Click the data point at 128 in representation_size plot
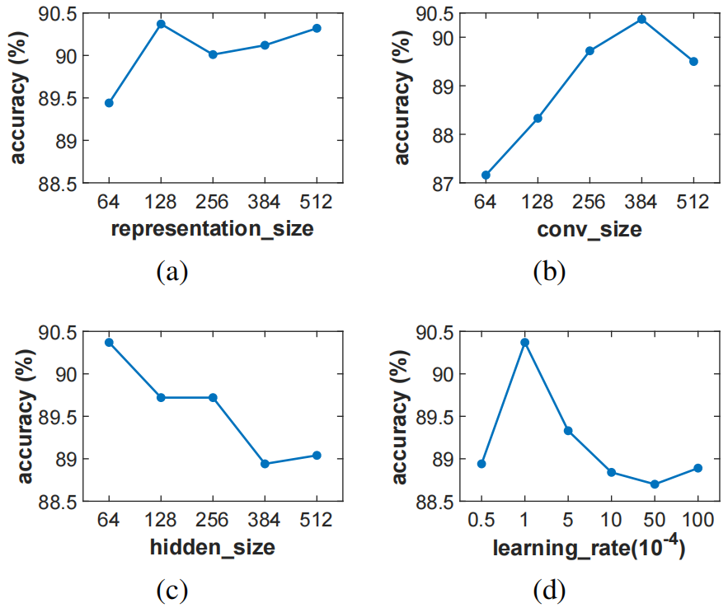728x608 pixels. tap(161, 24)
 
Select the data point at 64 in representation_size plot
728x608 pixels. tap(109, 103)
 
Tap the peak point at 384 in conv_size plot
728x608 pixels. tap(641, 19)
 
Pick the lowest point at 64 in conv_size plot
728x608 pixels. tap(486, 175)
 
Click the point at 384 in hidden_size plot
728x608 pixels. tap(265, 464)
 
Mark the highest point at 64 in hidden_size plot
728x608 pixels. tap(109, 342)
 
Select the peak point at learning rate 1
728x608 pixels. tap(524, 342)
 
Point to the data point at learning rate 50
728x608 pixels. tap(655, 484)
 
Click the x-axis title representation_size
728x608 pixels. tap(212, 229)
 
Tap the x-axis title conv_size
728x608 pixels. tap(589, 230)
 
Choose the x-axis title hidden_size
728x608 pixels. tap(212, 546)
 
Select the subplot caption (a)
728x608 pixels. tap(172, 271)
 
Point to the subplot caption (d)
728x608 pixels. tap(549, 589)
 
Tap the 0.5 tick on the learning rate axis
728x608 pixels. tap(481, 521)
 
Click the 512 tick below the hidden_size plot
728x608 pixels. tap(317, 521)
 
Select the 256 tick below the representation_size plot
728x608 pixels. tap(213, 203)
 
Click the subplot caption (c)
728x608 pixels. tap(172, 589)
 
